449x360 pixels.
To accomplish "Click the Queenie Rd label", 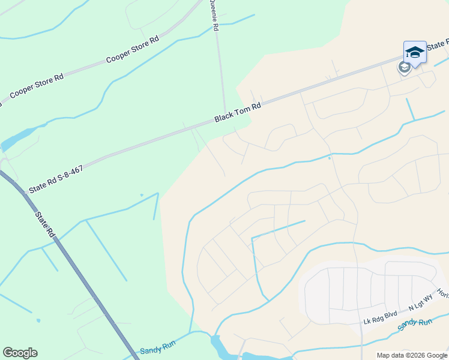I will click(214, 16).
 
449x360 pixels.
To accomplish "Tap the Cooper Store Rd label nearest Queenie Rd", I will click(132, 50).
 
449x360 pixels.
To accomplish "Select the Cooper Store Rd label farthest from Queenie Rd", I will click(37, 86).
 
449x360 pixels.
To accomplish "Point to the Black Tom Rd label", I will click(238, 112).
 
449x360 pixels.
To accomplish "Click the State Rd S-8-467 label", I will click(55, 179).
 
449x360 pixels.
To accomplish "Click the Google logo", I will click(20, 353).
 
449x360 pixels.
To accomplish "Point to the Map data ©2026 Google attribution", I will click(411, 355).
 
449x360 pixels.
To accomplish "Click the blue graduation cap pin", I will click(415, 53).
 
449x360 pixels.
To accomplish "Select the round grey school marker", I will click(405, 67).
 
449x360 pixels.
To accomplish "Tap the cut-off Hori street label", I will click(443, 293).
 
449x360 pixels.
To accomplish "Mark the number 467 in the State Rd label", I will click(74, 171).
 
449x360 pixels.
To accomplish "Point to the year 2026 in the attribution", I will click(410, 355).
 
